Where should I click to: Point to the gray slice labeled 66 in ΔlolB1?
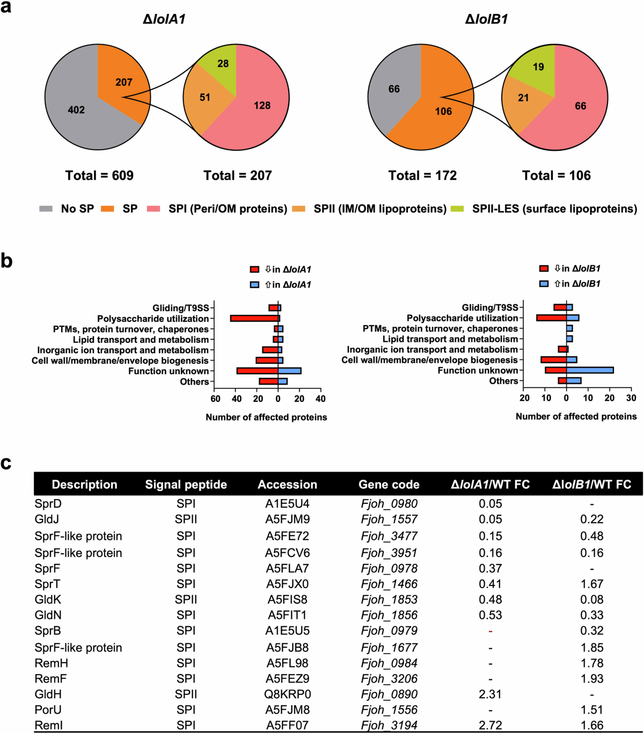tap(394, 89)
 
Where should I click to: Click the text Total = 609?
tap(99, 175)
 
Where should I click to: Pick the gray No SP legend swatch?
tap(46, 209)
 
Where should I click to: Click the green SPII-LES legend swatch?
tap(457, 209)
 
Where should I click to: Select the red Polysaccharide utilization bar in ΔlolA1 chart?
tap(254, 318)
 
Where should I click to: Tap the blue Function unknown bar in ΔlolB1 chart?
tap(590, 370)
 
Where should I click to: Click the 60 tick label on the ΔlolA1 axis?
tap(215, 399)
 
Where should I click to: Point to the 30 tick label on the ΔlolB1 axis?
tap(631, 398)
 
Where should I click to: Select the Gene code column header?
tap(389, 485)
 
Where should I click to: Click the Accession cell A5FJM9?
tap(287, 519)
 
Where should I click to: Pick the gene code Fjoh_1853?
tap(389, 599)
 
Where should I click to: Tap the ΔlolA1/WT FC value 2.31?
tap(490, 694)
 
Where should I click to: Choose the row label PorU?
tap(48, 710)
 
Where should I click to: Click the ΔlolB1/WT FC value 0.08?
tap(591, 599)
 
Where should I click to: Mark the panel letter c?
tap(6, 463)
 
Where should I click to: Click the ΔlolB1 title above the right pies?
tap(486, 19)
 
